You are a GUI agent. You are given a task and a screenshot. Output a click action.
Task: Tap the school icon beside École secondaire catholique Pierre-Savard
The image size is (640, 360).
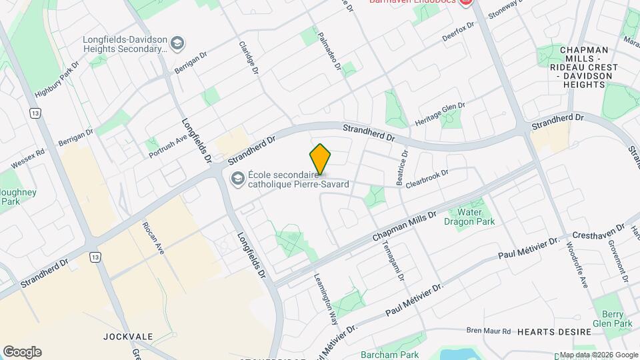click(237, 179)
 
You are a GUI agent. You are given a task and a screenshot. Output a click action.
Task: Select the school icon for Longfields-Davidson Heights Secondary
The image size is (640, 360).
click(177, 44)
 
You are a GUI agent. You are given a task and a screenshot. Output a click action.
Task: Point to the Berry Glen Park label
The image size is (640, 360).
click(612, 319)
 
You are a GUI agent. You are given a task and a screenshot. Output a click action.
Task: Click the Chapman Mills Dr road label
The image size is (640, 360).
click(404, 226)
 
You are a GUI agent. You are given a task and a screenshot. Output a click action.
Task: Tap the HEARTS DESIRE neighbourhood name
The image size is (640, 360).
click(553, 332)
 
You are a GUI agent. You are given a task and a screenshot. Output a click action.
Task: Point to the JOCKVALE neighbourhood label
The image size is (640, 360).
click(125, 337)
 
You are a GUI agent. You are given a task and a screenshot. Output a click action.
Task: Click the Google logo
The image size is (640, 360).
click(22, 352)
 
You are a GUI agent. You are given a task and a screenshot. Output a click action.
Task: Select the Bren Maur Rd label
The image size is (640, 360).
click(488, 331)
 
